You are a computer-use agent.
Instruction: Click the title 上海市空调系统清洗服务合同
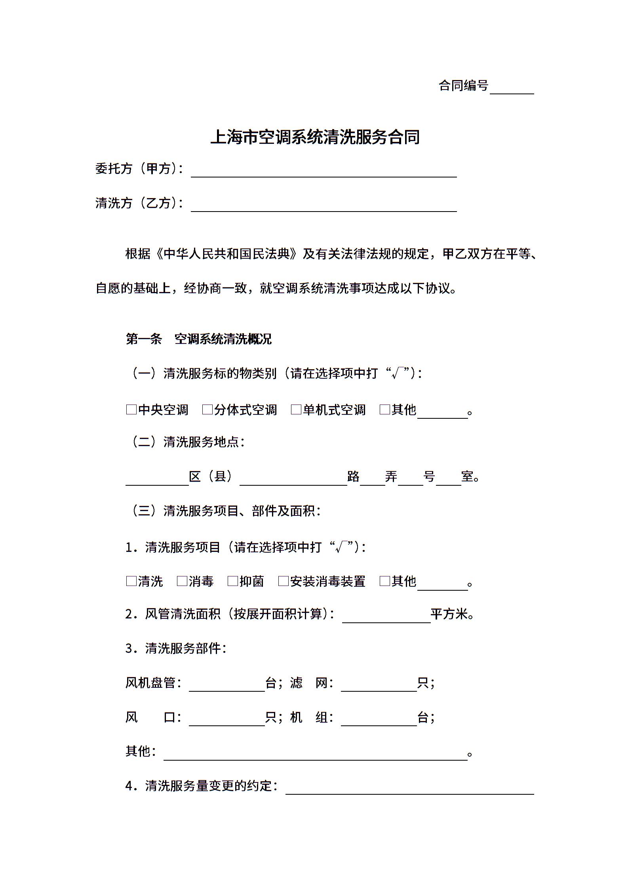coord(315,137)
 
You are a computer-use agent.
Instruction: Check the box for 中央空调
coord(131,410)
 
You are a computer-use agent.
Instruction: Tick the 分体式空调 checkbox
coord(207,410)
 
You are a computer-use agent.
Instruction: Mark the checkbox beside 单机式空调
coord(296,410)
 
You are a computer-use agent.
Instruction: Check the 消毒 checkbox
coord(182,582)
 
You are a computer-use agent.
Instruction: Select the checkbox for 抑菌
coord(232,582)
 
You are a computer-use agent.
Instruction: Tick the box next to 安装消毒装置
coord(283,582)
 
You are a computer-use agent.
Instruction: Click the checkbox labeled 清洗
coord(131,582)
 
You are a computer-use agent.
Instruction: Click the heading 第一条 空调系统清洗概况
coord(198,339)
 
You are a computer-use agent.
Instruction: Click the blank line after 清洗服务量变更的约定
coord(409,788)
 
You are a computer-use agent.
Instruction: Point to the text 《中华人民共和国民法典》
coord(226,254)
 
